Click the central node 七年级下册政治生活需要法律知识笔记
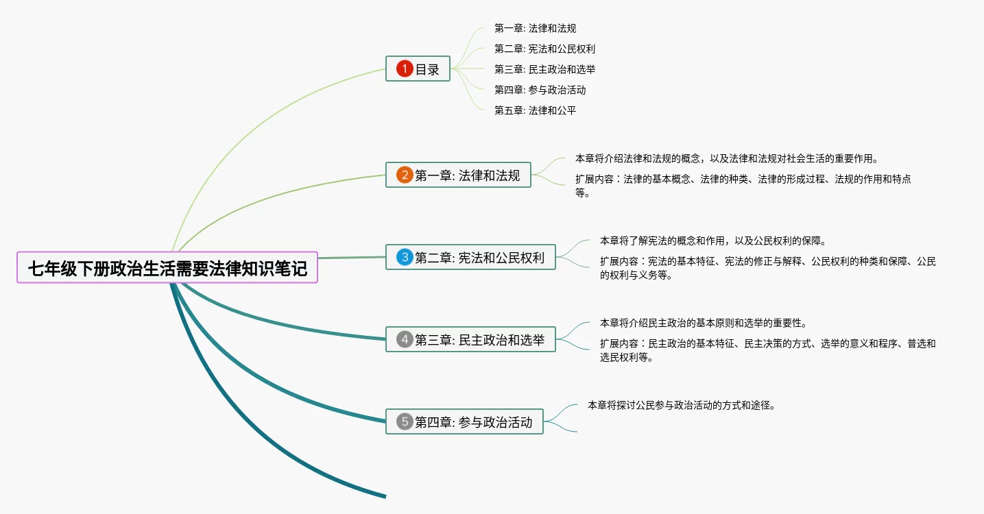pos(167,268)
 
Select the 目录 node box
pos(418,69)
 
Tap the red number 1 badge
pos(405,69)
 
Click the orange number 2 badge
pos(405,175)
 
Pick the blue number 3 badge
pos(405,258)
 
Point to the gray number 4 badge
pos(405,339)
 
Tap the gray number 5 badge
pos(405,421)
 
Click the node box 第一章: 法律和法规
pos(458,175)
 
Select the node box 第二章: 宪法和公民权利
pos(470,258)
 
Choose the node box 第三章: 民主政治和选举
pos(470,339)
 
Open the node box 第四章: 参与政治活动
pos(464,421)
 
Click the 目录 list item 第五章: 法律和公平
pos(535,110)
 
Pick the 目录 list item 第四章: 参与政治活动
pos(540,90)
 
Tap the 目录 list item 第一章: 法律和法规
pos(535,28)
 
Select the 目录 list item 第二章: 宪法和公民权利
pos(544,49)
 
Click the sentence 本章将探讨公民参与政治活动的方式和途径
pos(681,405)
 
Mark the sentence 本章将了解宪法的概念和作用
pos(712,241)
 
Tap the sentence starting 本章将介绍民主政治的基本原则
pos(707,323)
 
